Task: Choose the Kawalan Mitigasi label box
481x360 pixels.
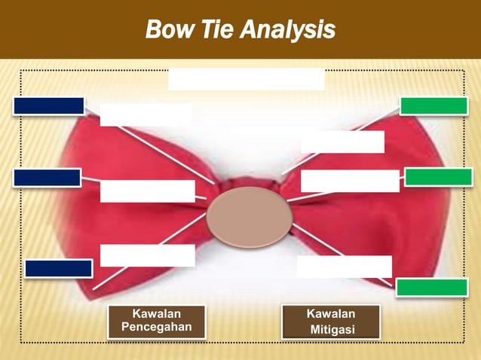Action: tap(330, 322)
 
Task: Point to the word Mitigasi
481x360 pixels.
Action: tap(332, 330)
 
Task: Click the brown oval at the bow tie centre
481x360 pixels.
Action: tap(249, 217)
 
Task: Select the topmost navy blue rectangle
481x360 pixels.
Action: tap(48, 106)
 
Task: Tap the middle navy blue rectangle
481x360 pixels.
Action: tap(47, 178)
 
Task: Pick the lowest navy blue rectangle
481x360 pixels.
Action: tap(58, 268)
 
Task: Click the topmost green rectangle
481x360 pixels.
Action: tap(434, 106)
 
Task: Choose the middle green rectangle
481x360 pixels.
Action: tap(438, 177)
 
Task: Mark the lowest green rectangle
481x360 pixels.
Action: tap(432, 287)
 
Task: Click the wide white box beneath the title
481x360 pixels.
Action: tap(246, 79)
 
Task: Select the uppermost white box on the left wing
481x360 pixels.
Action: tap(146, 114)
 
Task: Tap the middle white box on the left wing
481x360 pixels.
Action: tap(147, 191)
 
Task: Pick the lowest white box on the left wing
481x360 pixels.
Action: tap(147, 255)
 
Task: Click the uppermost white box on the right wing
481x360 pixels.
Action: tap(342, 142)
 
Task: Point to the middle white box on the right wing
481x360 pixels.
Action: tap(350, 181)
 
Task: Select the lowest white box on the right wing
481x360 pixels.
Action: tap(344, 267)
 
